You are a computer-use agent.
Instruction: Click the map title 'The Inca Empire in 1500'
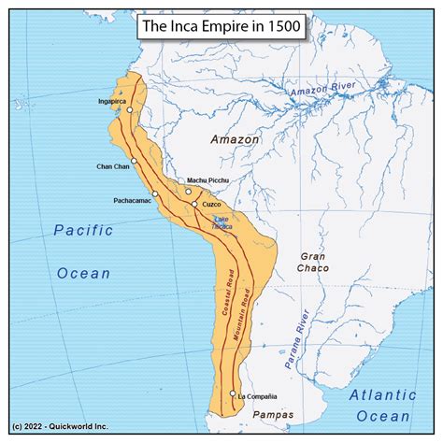coord(221,27)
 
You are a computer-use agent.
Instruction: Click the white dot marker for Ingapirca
coord(131,110)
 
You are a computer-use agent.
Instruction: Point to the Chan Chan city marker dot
coord(136,162)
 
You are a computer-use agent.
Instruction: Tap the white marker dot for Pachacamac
coord(154,193)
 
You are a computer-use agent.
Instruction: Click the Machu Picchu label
coord(207,180)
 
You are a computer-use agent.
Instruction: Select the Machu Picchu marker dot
coord(188,191)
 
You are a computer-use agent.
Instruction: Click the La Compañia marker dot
coord(233,393)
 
